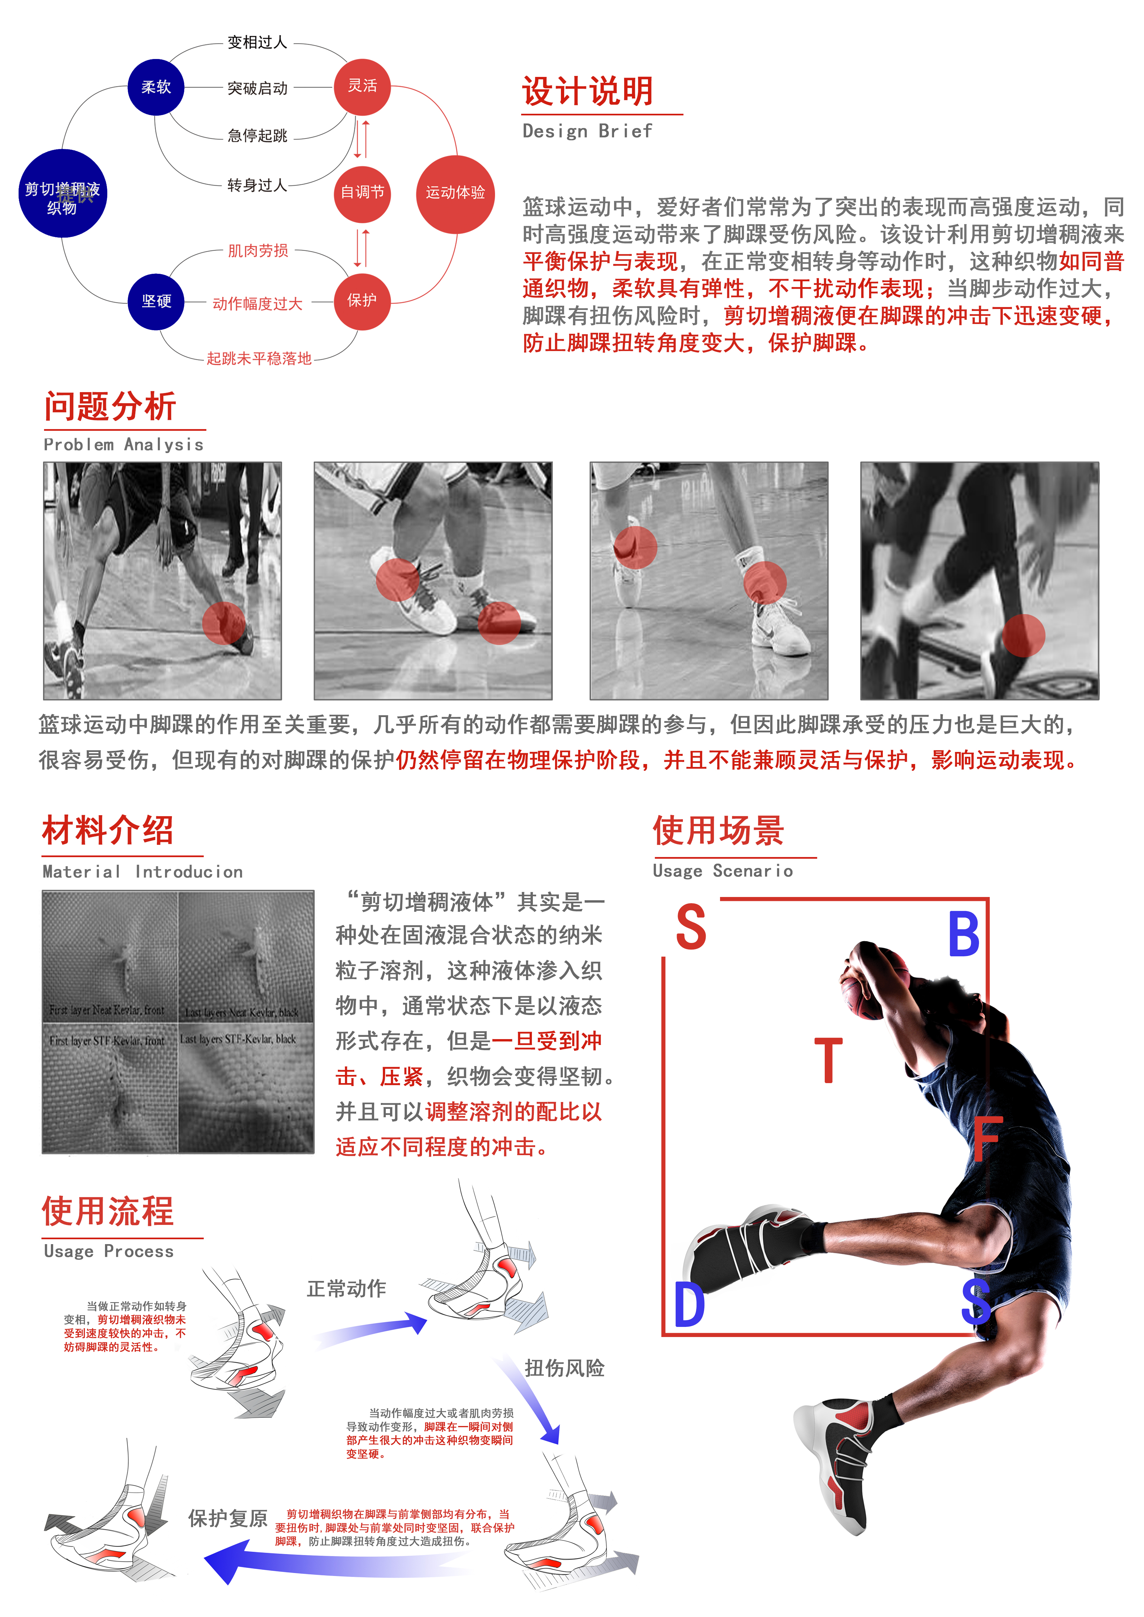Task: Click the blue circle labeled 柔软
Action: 156,87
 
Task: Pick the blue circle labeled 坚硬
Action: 156,301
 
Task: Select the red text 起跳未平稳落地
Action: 259,359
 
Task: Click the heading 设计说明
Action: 588,92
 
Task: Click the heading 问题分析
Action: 110,407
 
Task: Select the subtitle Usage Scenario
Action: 722,871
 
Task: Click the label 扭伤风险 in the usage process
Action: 564,1368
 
